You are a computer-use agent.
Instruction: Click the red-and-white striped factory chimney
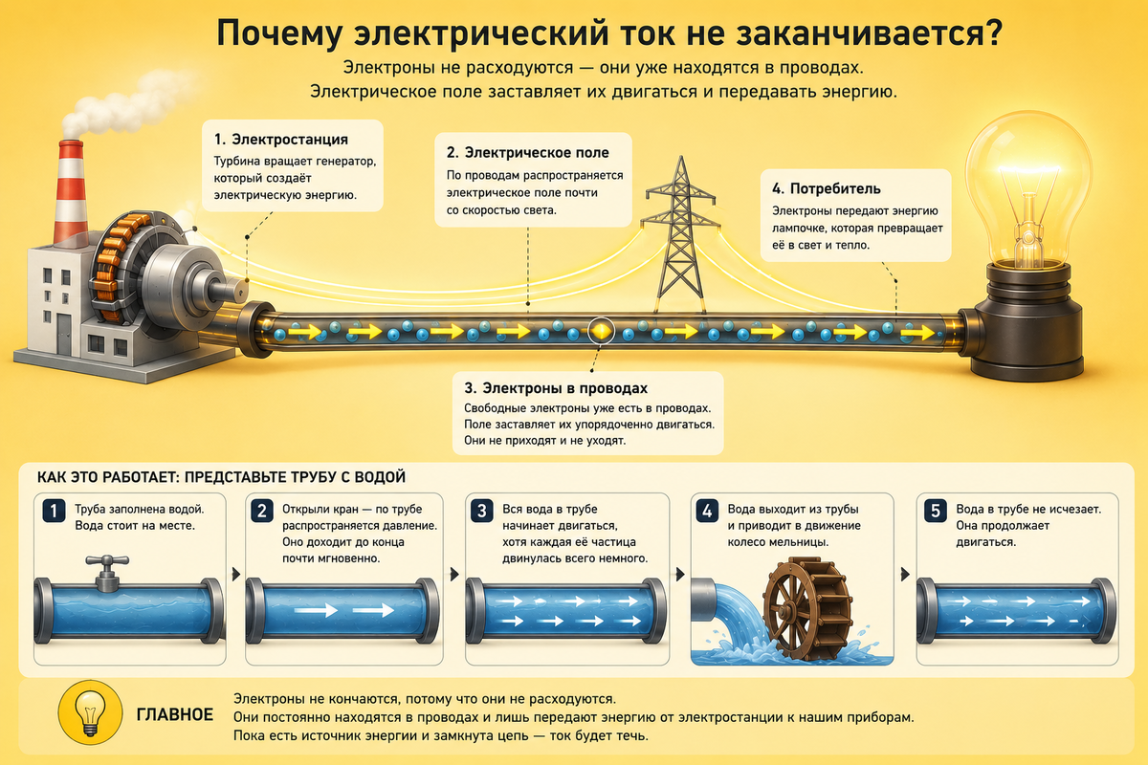[x=71, y=192]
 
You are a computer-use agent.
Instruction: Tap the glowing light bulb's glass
[x=1028, y=189]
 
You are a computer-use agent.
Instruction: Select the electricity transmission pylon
[x=680, y=234]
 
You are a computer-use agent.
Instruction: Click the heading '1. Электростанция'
[x=281, y=140]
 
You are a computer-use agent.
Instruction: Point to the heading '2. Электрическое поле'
[x=527, y=153]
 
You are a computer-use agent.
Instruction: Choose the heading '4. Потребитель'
[x=827, y=189]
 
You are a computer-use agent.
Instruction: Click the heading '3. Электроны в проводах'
[x=556, y=388]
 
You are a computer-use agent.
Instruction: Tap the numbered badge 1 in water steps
[x=54, y=511]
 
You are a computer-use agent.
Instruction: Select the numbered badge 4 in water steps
[x=707, y=511]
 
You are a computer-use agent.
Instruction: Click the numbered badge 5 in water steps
[x=936, y=511]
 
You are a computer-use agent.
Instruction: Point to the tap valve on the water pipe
[x=107, y=573]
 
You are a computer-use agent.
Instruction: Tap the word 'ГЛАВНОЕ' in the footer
[x=174, y=714]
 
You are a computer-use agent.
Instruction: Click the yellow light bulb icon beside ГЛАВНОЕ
[x=90, y=712]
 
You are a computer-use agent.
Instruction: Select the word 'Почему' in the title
[x=278, y=33]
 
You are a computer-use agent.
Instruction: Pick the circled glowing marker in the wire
[x=600, y=331]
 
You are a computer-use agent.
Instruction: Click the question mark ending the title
[x=992, y=33]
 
